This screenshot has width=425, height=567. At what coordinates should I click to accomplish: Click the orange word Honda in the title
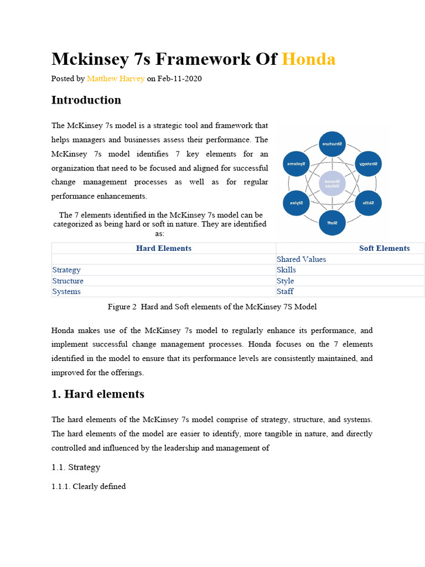tap(309, 59)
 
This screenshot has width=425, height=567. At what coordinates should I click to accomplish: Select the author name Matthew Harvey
tap(116, 79)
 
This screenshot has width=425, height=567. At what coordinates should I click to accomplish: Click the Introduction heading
tap(86, 100)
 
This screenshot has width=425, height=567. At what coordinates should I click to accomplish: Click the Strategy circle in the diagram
tap(368, 164)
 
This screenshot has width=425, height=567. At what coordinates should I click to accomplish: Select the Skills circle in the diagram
tap(368, 203)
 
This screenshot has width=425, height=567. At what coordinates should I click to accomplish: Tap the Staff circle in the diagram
tap(332, 222)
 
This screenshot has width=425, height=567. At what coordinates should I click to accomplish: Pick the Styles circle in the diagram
tap(297, 203)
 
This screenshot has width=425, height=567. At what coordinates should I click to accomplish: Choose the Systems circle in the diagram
tap(297, 164)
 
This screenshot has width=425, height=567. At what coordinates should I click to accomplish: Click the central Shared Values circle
tap(332, 183)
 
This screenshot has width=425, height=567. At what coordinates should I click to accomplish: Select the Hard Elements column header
tap(164, 248)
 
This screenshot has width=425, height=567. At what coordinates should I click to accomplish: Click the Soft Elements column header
tap(384, 248)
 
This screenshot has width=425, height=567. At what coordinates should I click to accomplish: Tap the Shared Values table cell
tap(301, 259)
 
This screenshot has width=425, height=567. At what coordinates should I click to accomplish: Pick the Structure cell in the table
tap(68, 281)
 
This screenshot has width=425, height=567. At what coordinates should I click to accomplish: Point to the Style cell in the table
tap(285, 281)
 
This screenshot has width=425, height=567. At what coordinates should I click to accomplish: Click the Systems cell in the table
tap(66, 291)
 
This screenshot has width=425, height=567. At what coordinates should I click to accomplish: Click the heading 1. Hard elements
tap(98, 394)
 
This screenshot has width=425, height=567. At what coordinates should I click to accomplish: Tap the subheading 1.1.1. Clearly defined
tap(89, 486)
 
